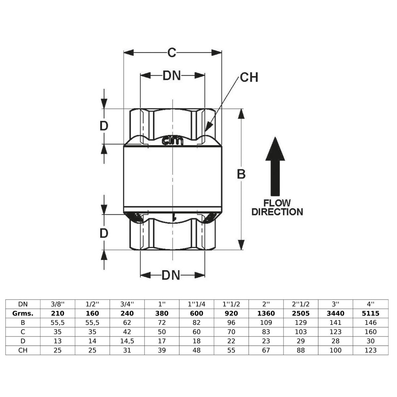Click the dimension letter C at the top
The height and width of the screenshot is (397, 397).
coord(172,53)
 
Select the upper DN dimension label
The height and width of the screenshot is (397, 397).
coord(172,76)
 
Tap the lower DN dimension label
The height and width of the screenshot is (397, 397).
coord(171,275)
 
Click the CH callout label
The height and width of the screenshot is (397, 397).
coord(249,77)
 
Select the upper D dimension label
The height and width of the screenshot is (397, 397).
coord(104,126)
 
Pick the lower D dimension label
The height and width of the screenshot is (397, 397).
coord(104,234)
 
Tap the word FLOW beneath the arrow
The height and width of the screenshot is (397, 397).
coord(277,203)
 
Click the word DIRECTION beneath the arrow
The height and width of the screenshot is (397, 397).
coord(277,212)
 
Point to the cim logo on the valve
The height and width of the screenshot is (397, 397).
coord(172,141)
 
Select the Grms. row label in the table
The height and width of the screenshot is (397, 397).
coord(23,313)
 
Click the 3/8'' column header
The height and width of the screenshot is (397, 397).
coord(58,304)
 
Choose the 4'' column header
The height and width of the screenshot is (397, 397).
coord(371,304)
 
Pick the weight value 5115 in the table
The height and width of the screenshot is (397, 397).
coord(371,313)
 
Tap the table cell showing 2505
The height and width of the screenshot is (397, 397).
coord(301,313)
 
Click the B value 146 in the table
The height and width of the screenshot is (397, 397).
coord(371,323)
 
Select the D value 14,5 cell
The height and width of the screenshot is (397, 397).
coord(127,341)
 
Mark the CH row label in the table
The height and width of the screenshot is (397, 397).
coord(23,350)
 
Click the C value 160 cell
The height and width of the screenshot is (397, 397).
coord(371,332)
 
